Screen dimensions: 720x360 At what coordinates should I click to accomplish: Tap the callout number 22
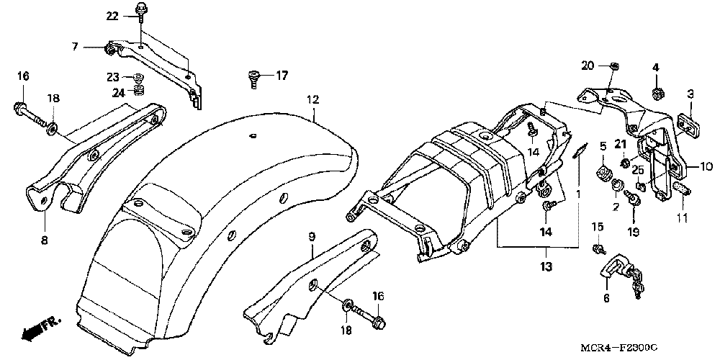point(113,16)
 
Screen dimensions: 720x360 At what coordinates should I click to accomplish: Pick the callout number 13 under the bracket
point(546,267)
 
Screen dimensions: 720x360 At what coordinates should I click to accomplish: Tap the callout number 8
point(44,240)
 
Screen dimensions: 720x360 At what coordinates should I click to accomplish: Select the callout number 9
point(312,236)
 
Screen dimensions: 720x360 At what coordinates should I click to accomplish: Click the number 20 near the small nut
point(588,66)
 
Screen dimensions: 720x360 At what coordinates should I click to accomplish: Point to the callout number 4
point(656,68)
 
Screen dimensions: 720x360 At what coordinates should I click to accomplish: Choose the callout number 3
point(690,94)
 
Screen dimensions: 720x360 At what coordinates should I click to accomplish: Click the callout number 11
point(682,217)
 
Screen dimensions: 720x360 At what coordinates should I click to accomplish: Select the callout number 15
point(596,228)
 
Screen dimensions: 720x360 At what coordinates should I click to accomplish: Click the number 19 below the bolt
point(633,232)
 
